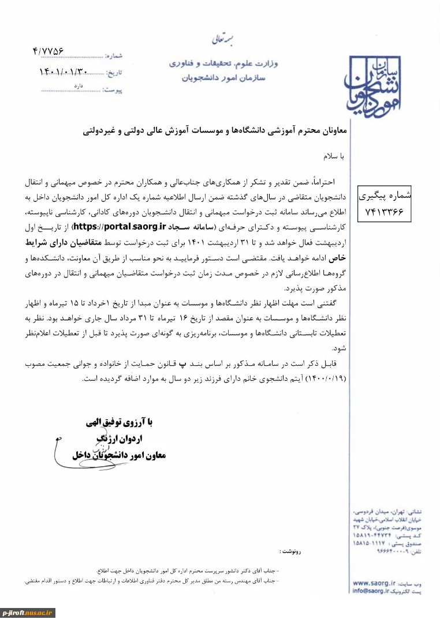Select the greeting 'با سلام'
[x=333, y=156]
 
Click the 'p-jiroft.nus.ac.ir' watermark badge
[x=28, y=613]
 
